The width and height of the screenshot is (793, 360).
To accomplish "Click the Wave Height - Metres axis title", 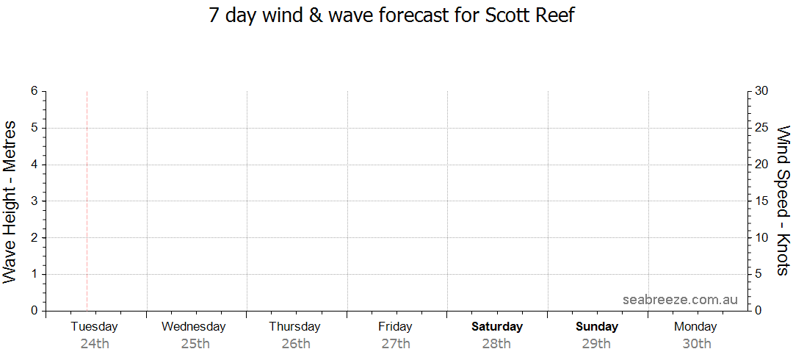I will pyautogui.click(x=10, y=201).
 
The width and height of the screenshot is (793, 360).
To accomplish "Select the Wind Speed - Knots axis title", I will pyautogui.click(x=783, y=201).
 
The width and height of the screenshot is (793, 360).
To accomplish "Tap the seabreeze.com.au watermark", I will pyautogui.click(x=680, y=300).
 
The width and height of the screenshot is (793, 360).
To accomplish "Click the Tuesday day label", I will pyautogui.click(x=94, y=327).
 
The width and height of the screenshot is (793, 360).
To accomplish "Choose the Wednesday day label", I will pyautogui.click(x=194, y=327).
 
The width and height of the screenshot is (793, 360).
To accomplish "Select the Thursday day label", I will pyautogui.click(x=294, y=327).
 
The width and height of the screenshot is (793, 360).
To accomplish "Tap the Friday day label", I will pyautogui.click(x=395, y=327).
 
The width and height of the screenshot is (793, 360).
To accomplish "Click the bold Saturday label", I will pyautogui.click(x=497, y=327).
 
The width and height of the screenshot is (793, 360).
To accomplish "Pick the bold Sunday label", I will pyautogui.click(x=597, y=327).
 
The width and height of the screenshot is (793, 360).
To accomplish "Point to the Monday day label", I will pyautogui.click(x=695, y=327).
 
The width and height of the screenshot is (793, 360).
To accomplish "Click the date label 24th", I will pyautogui.click(x=95, y=343).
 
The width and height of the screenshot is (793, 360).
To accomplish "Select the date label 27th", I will pyautogui.click(x=396, y=343).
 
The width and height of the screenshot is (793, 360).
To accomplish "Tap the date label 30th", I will pyautogui.click(x=696, y=343).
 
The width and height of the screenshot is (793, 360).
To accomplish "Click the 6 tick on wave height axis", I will pyautogui.click(x=34, y=91).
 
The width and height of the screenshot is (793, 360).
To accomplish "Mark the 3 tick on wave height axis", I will pyautogui.click(x=34, y=201).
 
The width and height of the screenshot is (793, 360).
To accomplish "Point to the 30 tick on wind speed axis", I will pyautogui.click(x=761, y=91).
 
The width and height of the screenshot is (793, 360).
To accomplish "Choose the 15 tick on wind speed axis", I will pyautogui.click(x=761, y=201).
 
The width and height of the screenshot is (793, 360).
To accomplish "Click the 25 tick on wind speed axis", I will pyautogui.click(x=761, y=128).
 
